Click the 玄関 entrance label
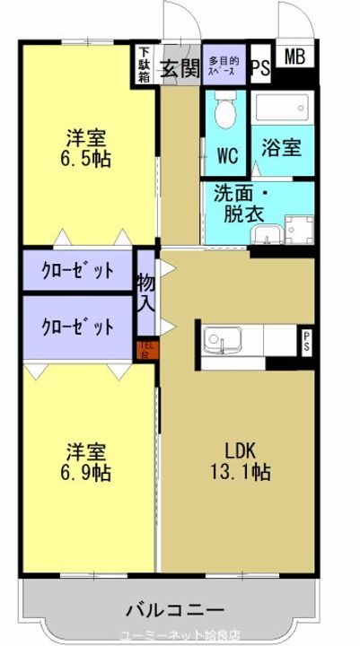point(180,69)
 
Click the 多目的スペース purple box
point(224,64)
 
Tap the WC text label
point(228,155)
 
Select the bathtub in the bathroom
point(283,109)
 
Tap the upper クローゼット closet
point(78,270)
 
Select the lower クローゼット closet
point(78,326)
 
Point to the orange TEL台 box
point(146,348)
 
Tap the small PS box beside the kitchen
point(306,340)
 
